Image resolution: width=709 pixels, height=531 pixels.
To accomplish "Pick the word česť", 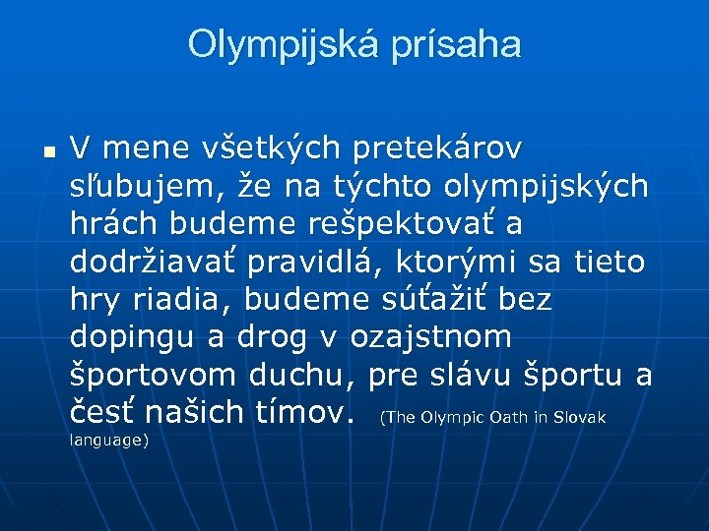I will coord(111,412).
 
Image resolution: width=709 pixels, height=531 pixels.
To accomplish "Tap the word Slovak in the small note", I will coord(579,418).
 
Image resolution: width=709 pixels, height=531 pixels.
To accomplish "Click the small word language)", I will coord(109,441).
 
